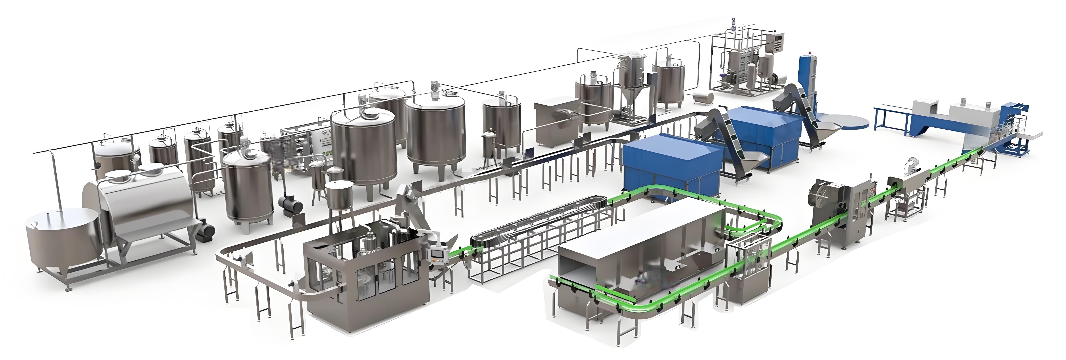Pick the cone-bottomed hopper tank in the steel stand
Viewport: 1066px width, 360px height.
(x=630, y=83)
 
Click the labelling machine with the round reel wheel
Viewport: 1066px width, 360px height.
(x=832, y=211)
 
